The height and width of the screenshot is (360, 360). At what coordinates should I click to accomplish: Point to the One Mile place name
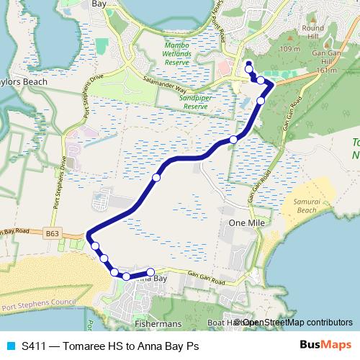pyautogui.click(x=243, y=224)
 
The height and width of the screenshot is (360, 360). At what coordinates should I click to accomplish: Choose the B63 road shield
pyautogui.click(x=51, y=233)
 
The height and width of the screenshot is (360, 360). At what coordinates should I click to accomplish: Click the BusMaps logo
pyautogui.click(x=325, y=345)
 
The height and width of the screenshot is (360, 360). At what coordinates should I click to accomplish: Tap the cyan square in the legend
pyautogui.click(x=10, y=346)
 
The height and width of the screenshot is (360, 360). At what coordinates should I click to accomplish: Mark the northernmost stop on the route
pyautogui.click(x=248, y=66)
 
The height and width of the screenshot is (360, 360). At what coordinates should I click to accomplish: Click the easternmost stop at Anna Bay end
pyautogui.click(x=150, y=272)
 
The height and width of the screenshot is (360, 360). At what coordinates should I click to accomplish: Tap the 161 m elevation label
pyautogui.click(x=326, y=71)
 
